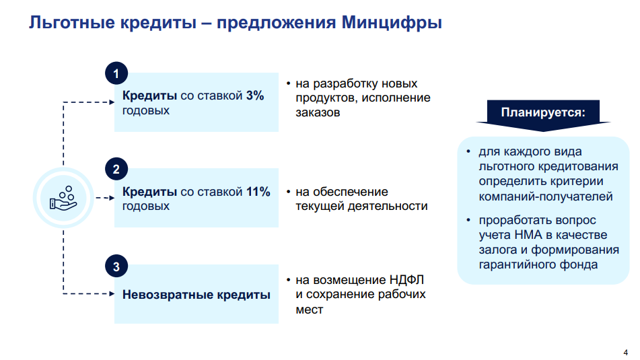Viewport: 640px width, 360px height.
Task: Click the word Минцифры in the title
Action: (x=392, y=22)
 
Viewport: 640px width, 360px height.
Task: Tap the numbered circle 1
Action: (x=116, y=73)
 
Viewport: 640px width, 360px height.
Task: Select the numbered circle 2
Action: (x=116, y=169)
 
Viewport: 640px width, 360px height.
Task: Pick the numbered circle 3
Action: (x=116, y=266)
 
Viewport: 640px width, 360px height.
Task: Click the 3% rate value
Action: (x=255, y=96)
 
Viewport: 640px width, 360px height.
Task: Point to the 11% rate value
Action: (x=258, y=191)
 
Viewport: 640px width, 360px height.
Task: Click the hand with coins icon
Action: (x=63, y=198)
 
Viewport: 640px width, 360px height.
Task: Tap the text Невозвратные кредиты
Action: (x=197, y=294)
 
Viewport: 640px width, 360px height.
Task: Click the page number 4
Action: (x=626, y=353)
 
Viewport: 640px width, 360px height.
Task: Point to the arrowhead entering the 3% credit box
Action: (x=112, y=102)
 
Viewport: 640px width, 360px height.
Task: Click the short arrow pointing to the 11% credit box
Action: (x=105, y=198)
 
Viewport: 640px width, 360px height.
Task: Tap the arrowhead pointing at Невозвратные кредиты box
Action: (x=112, y=293)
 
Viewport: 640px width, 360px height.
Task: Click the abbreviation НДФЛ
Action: (x=406, y=280)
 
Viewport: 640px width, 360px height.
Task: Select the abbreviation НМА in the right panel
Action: (x=528, y=235)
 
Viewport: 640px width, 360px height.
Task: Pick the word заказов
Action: (x=318, y=112)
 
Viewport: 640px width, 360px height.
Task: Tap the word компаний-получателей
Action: (x=546, y=196)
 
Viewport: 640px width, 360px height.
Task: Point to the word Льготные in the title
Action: (x=72, y=22)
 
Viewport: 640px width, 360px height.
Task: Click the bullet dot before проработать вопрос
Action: (x=468, y=220)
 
